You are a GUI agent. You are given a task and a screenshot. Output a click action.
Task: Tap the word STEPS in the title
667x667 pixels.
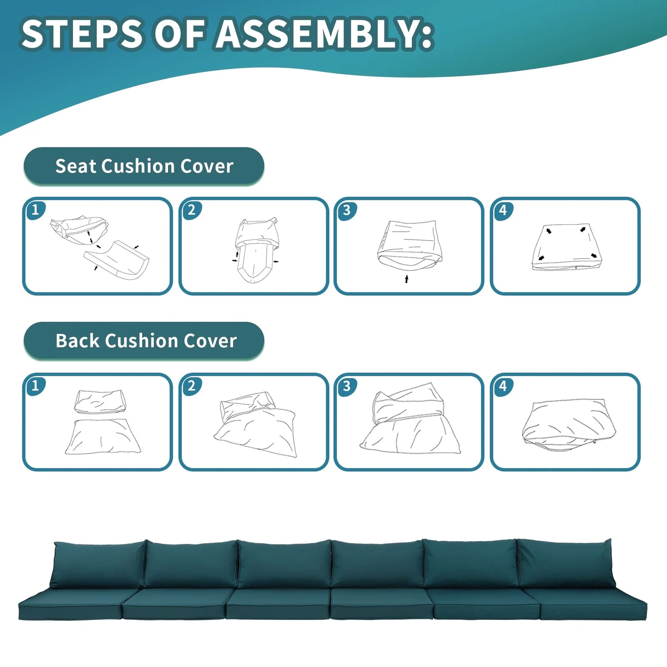82,34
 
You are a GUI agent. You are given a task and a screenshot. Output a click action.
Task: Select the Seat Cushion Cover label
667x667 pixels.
144,166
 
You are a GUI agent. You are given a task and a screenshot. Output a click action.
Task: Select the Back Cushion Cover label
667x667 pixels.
144,341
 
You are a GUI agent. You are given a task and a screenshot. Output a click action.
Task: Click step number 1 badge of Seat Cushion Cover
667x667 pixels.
35,210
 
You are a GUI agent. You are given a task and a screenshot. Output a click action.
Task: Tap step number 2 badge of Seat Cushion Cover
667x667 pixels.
192,210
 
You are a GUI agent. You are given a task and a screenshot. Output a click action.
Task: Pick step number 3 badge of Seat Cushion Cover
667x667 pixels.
347,210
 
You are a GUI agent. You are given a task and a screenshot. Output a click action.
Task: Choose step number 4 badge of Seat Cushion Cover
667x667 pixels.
503,210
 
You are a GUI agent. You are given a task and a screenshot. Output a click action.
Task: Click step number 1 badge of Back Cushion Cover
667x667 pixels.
35,385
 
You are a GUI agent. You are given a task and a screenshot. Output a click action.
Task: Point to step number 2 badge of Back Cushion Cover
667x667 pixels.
192,385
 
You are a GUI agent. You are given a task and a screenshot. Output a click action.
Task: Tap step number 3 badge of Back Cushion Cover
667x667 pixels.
347,385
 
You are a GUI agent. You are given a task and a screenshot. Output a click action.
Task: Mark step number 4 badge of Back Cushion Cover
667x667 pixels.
503,385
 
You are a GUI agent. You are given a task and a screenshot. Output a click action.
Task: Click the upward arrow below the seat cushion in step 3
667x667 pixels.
407,279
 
